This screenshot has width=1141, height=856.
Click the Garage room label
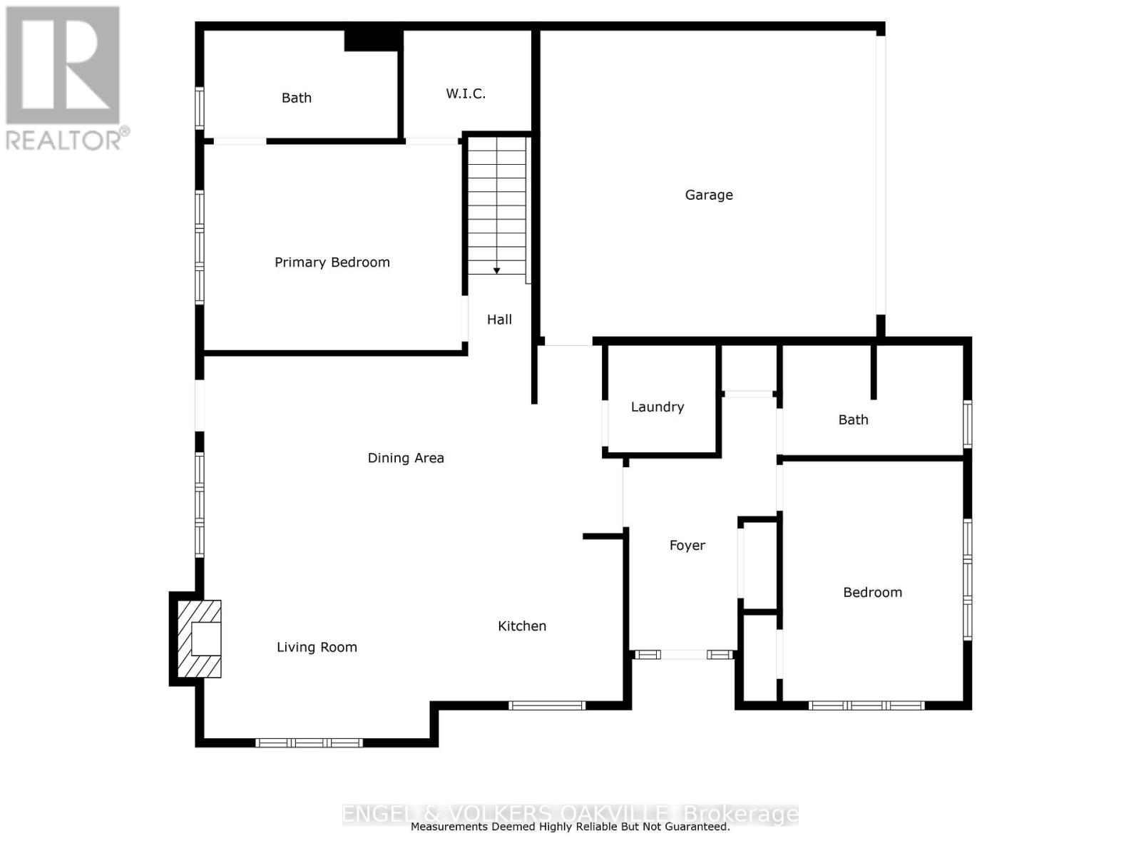coord(709,195)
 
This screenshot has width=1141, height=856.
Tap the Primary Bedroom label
coord(332,263)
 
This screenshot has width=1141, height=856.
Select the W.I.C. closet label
coord(466,93)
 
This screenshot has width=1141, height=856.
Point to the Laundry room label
coord(658,407)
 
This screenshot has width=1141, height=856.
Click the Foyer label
coord(687,546)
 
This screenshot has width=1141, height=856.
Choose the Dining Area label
coord(406,458)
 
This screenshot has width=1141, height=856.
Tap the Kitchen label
coord(522,626)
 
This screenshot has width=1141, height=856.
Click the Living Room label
coord(317,648)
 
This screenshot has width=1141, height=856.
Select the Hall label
coord(499,320)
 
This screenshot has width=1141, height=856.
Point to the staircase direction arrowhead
coord(496,271)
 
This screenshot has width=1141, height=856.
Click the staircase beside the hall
coord(497,207)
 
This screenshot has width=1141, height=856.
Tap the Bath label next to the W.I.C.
coord(297,98)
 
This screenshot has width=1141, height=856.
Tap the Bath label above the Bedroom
coord(853,420)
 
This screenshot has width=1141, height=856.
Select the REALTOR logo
coord(64,78)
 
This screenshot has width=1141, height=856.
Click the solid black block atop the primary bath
coord(372,40)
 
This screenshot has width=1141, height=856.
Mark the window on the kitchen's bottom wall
coord(547,705)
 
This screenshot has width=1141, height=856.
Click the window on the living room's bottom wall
coord(309,743)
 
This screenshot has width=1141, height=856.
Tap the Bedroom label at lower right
coord(872,593)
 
